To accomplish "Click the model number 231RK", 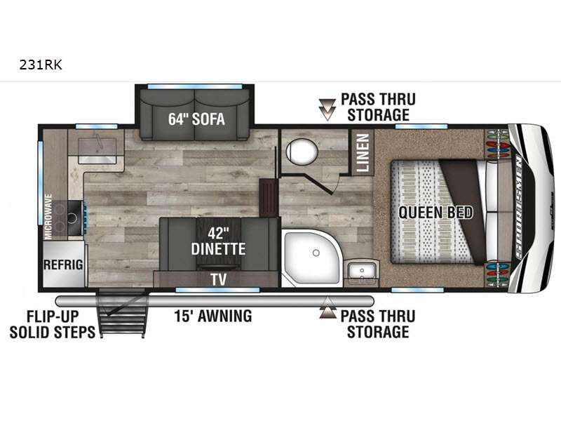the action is [41, 65].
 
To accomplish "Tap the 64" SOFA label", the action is [196, 119].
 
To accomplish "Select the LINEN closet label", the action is [363, 152].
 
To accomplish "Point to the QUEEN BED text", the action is [435, 213].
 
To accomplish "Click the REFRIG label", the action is [63, 265].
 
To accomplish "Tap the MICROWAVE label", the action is [48, 216].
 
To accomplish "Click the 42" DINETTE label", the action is [218, 241].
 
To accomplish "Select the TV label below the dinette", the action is [219, 279].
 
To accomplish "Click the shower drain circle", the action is [316, 253].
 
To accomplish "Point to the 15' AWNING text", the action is [213, 316].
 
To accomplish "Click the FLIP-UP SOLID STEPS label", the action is [53, 324].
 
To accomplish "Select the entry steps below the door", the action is [122, 314].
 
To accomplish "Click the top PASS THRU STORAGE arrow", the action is [327, 109].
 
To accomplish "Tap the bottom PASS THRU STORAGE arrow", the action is [327, 308].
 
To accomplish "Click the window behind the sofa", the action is [195, 86].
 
